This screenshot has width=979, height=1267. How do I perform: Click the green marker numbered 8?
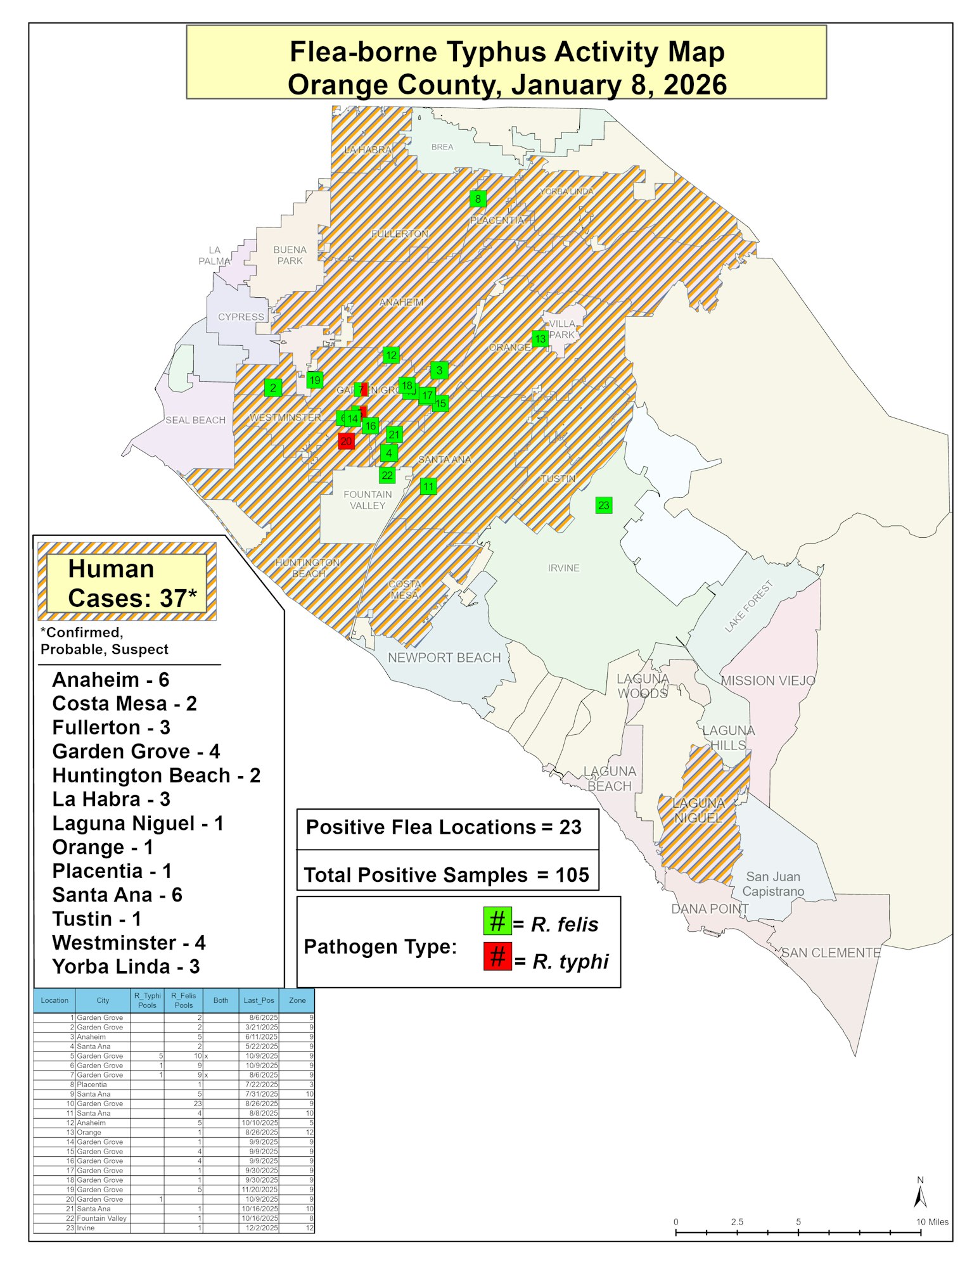[x=478, y=199]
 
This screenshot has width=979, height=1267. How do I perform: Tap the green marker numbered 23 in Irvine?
[x=603, y=505]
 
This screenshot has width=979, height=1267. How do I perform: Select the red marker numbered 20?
[x=346, y=441]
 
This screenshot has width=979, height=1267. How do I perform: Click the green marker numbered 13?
[x=540, y=339]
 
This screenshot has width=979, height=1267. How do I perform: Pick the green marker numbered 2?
[x=273, y=388]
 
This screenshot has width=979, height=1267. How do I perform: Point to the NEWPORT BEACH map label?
[x=444, y=658]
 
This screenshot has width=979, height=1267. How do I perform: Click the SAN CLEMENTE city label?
[x=831, y=953]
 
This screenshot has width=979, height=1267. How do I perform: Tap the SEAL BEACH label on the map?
[x=195, y=420]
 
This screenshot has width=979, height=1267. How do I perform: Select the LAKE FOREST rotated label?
[x=748, y=607]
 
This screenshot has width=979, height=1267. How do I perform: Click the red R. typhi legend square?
[x=497, y=957]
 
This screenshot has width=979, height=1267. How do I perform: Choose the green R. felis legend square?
[x=497, y=921]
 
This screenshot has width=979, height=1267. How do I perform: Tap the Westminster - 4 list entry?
[x=129, y=943]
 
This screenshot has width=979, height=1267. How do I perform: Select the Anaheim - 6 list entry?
[x=110, y=680]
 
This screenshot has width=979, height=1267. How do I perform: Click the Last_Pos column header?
[x=259, y=1000]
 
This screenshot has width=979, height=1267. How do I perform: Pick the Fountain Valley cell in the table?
[x=101, y=1218]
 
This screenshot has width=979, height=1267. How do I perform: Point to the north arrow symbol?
[x=920, y=1196]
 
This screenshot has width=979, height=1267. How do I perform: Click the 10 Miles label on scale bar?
[x=931, y=1222]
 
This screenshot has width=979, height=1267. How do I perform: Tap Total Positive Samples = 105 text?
[x=447, y=875]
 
